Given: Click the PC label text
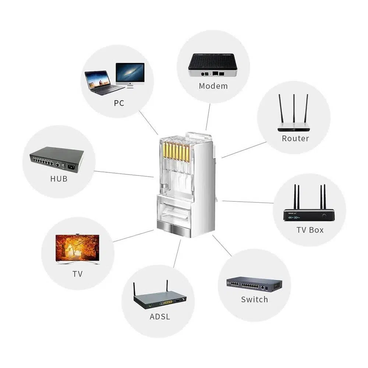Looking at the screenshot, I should tap(119, 103).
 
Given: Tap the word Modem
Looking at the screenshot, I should tap(213, 86).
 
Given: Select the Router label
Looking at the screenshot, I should tap(295, 138).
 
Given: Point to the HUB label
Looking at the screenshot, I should tap(59, 179).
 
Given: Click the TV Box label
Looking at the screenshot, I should tap(310, 230).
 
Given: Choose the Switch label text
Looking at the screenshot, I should tap(254, 299).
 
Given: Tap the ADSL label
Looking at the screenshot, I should tap(160, 316).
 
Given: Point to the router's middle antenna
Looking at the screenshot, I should tap(294, 109).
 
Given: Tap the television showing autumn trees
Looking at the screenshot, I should tap(77, 247).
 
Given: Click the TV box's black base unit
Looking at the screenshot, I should tap(309, 215).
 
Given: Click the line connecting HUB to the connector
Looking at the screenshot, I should tap(123, 174).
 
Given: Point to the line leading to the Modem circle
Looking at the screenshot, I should tap(208, 117).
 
